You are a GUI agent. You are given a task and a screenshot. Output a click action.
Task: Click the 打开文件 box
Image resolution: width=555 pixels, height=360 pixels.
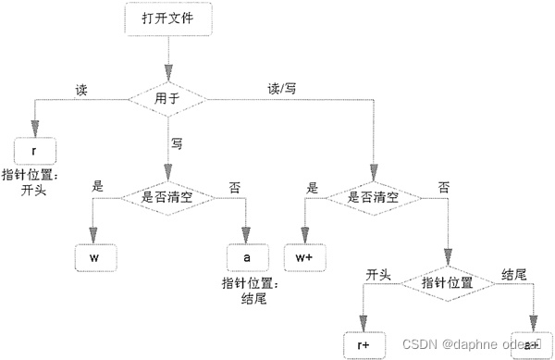point(168,19)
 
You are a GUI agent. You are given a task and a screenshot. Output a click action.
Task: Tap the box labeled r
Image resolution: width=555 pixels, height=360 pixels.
point(35,149)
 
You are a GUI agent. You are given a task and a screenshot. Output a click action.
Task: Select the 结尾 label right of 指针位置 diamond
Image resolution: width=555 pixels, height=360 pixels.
point(514,275)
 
